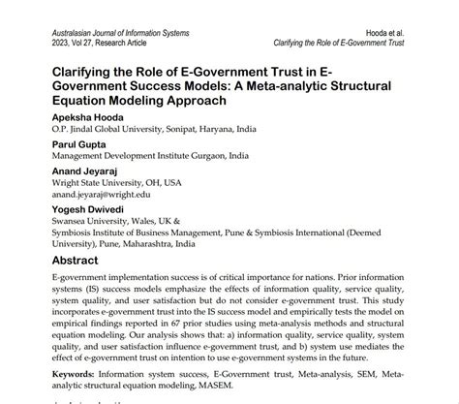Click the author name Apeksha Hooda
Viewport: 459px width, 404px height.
point(86,124)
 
